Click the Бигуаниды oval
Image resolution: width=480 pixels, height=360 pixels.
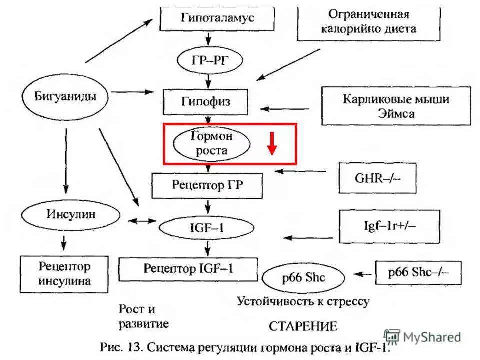pos(66,96)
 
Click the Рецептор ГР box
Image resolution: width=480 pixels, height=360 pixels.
pos(207,185)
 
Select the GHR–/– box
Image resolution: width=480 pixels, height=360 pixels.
pos(377,178)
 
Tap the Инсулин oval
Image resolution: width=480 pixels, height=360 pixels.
pos(71,215)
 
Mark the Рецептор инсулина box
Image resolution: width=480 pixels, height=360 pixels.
pos(64,274)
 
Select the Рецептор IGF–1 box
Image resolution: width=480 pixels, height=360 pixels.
pos(188,269)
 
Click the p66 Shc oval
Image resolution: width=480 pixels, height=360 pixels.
pos(303,276)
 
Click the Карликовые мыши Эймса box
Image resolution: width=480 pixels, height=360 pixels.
pos(396,106)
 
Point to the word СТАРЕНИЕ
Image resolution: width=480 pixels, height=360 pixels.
pos(303,327)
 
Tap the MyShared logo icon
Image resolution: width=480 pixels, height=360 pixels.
pos(392,337)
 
